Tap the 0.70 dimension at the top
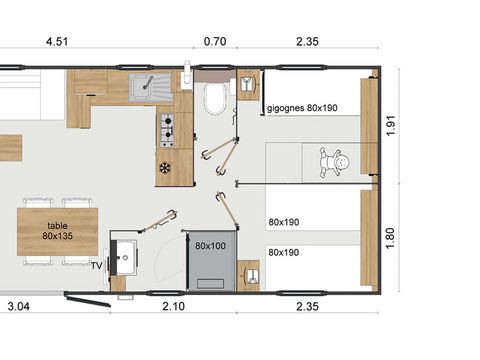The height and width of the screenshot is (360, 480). (214, 42)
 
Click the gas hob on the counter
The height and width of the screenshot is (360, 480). (167, 128)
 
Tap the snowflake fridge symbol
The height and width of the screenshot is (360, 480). (165, 167)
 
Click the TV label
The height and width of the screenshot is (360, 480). (96, 265)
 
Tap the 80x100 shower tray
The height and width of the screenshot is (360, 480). (209, 258)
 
